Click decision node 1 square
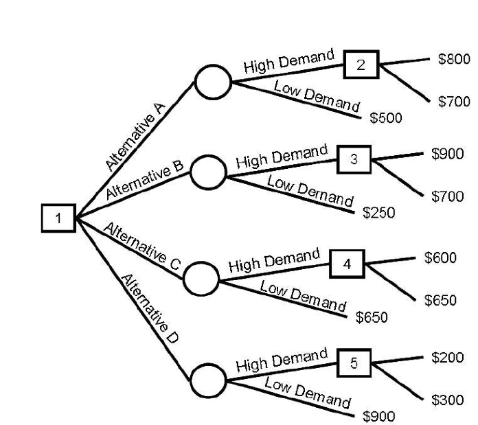[58, 218]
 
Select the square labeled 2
[362, 65]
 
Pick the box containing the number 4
[347, 264]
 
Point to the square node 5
[354, 363]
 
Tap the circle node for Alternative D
[207, 379]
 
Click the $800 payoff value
[454, 59]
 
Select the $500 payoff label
[386, 118]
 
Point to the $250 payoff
[379, 212]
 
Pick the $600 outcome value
[440, 257]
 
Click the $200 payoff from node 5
[447, 357]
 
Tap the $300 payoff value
[447, 400]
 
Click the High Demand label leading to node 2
[288, 62]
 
